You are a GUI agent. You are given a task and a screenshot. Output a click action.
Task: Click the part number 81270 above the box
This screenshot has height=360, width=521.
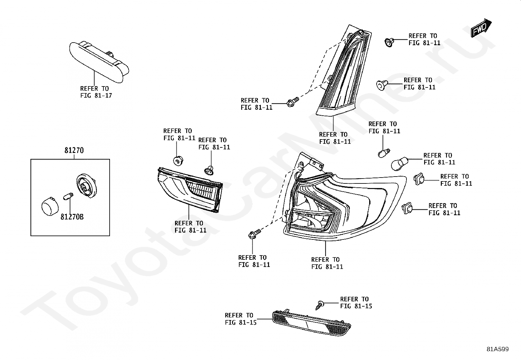tap(74, 151)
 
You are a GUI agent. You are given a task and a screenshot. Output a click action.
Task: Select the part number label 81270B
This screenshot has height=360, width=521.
tap(72, 217)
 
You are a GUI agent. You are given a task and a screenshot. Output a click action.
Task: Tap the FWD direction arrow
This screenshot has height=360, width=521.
tap(481, 28)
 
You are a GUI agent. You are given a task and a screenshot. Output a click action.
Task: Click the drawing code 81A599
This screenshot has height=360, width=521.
tap(497, 349)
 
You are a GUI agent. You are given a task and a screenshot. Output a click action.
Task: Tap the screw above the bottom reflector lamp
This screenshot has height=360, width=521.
tap(319, 305)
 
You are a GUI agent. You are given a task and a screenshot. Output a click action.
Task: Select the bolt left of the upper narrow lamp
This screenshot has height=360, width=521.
tap(292, 102)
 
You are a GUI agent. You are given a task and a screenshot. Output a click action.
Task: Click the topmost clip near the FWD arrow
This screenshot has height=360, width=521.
tap(388, 42)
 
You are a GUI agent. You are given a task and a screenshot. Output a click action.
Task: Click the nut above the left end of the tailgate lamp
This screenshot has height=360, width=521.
tap(177, 161)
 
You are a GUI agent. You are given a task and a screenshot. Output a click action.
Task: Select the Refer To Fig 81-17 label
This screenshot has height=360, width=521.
tap(96, 92)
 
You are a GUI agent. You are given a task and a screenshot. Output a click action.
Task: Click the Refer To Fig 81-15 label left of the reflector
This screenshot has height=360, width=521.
tap(240, 319)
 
